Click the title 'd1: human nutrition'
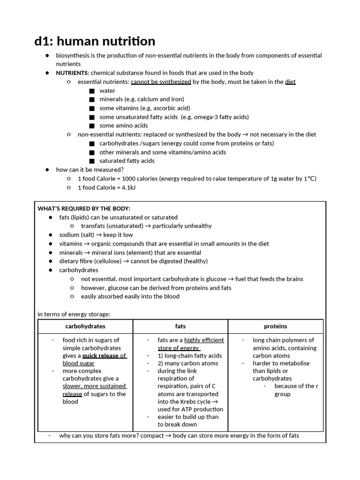click(95, 41)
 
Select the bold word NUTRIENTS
click(72, 73)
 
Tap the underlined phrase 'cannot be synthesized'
click(161, 82)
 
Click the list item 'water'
click(107, 90)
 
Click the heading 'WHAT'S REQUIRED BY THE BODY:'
click(84, 208)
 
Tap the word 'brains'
click(293, 279)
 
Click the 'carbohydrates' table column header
click(85, 326)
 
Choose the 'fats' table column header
click(180, 326)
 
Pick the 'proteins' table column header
click(275, 326)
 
